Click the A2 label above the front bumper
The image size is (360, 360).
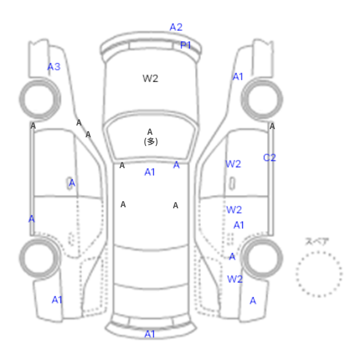(176, 27)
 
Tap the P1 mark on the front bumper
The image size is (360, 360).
(186, 45)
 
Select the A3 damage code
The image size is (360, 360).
(53, 67)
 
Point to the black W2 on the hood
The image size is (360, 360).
(150, 79)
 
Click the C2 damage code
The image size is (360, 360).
(269, 158)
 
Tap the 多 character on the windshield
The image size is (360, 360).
(151, 141)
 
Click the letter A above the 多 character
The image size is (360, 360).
(150, 132)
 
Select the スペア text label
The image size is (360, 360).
(317, 241)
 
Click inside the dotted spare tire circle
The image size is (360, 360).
(319, 274)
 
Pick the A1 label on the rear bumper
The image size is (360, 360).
(150, 334)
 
